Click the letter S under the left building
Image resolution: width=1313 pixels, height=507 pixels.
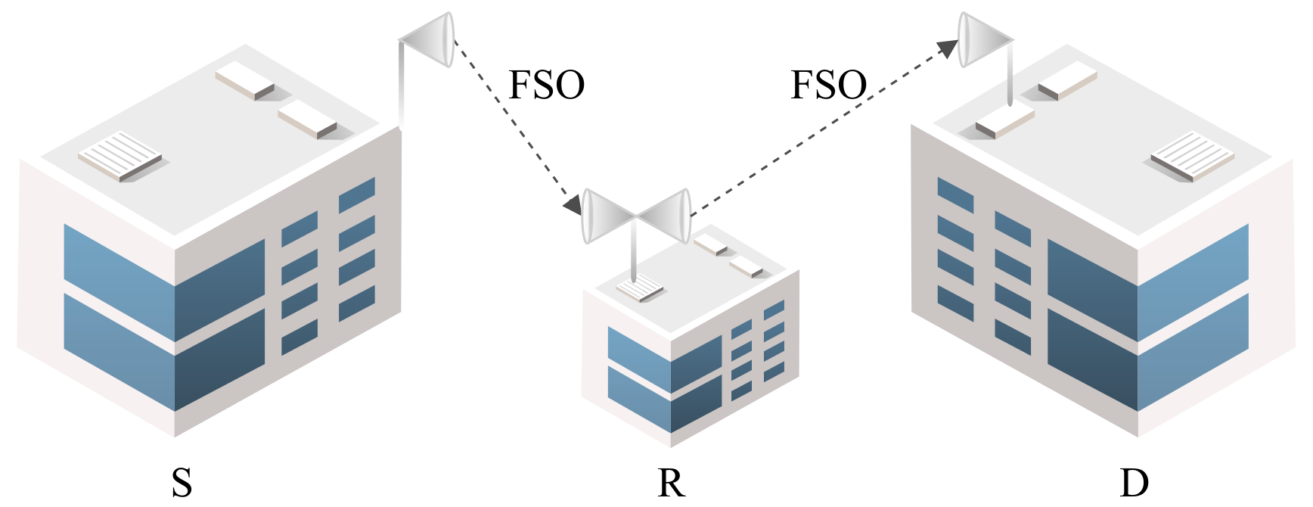click(x=182, y=482)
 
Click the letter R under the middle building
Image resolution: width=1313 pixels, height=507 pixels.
click(x=671, y=482)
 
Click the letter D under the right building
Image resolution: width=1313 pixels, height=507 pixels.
click(x=1133, y=482)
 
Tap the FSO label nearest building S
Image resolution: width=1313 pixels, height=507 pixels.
click(x=546, y=85)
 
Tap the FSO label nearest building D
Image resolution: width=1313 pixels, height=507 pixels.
click(x=828, y=85)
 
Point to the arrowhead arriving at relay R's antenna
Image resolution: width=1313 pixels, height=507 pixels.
click(x=573, y=203)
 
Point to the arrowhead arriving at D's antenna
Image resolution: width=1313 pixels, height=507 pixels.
click(x=948, y=48)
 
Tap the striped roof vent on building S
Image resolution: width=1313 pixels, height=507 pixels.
click(x=120, y=155)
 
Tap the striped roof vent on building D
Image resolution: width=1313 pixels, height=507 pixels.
click(x=1192, y=155)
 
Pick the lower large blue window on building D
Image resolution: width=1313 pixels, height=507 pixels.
click(x=1146, y=356)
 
